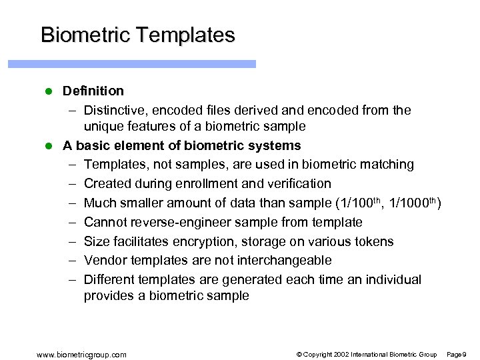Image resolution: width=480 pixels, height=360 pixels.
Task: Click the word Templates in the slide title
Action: (x=187, y=35)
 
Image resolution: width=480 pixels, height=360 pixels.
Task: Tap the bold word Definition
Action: (x=93, y=91)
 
